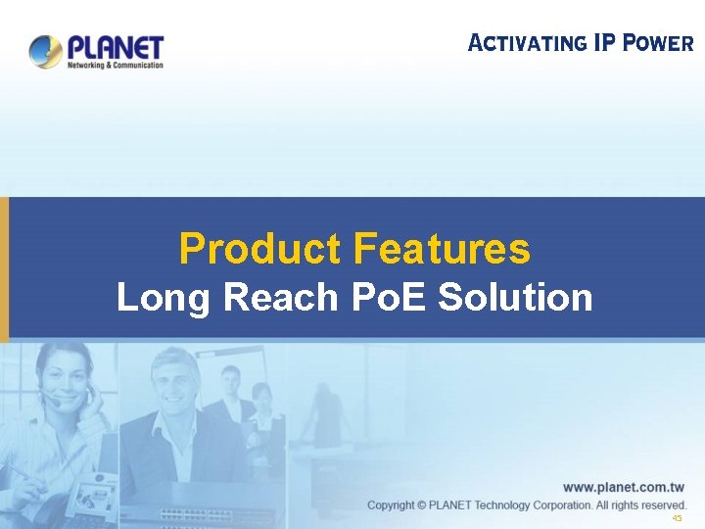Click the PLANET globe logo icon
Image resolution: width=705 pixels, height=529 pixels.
pos(45,51)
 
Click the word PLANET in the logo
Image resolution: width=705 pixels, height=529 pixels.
pos(116,46)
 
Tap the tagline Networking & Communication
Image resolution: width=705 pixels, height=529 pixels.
pos(115,66)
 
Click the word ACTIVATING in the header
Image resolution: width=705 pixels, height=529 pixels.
pos(527,43)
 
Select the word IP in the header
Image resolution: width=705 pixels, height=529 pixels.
pos(607,43)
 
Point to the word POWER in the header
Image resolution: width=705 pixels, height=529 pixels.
pos(659,43)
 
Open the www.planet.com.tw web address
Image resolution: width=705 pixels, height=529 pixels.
pos(624,487)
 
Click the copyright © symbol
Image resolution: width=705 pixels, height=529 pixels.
pos(422,505)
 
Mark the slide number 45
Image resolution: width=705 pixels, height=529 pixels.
pos(677,519)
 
